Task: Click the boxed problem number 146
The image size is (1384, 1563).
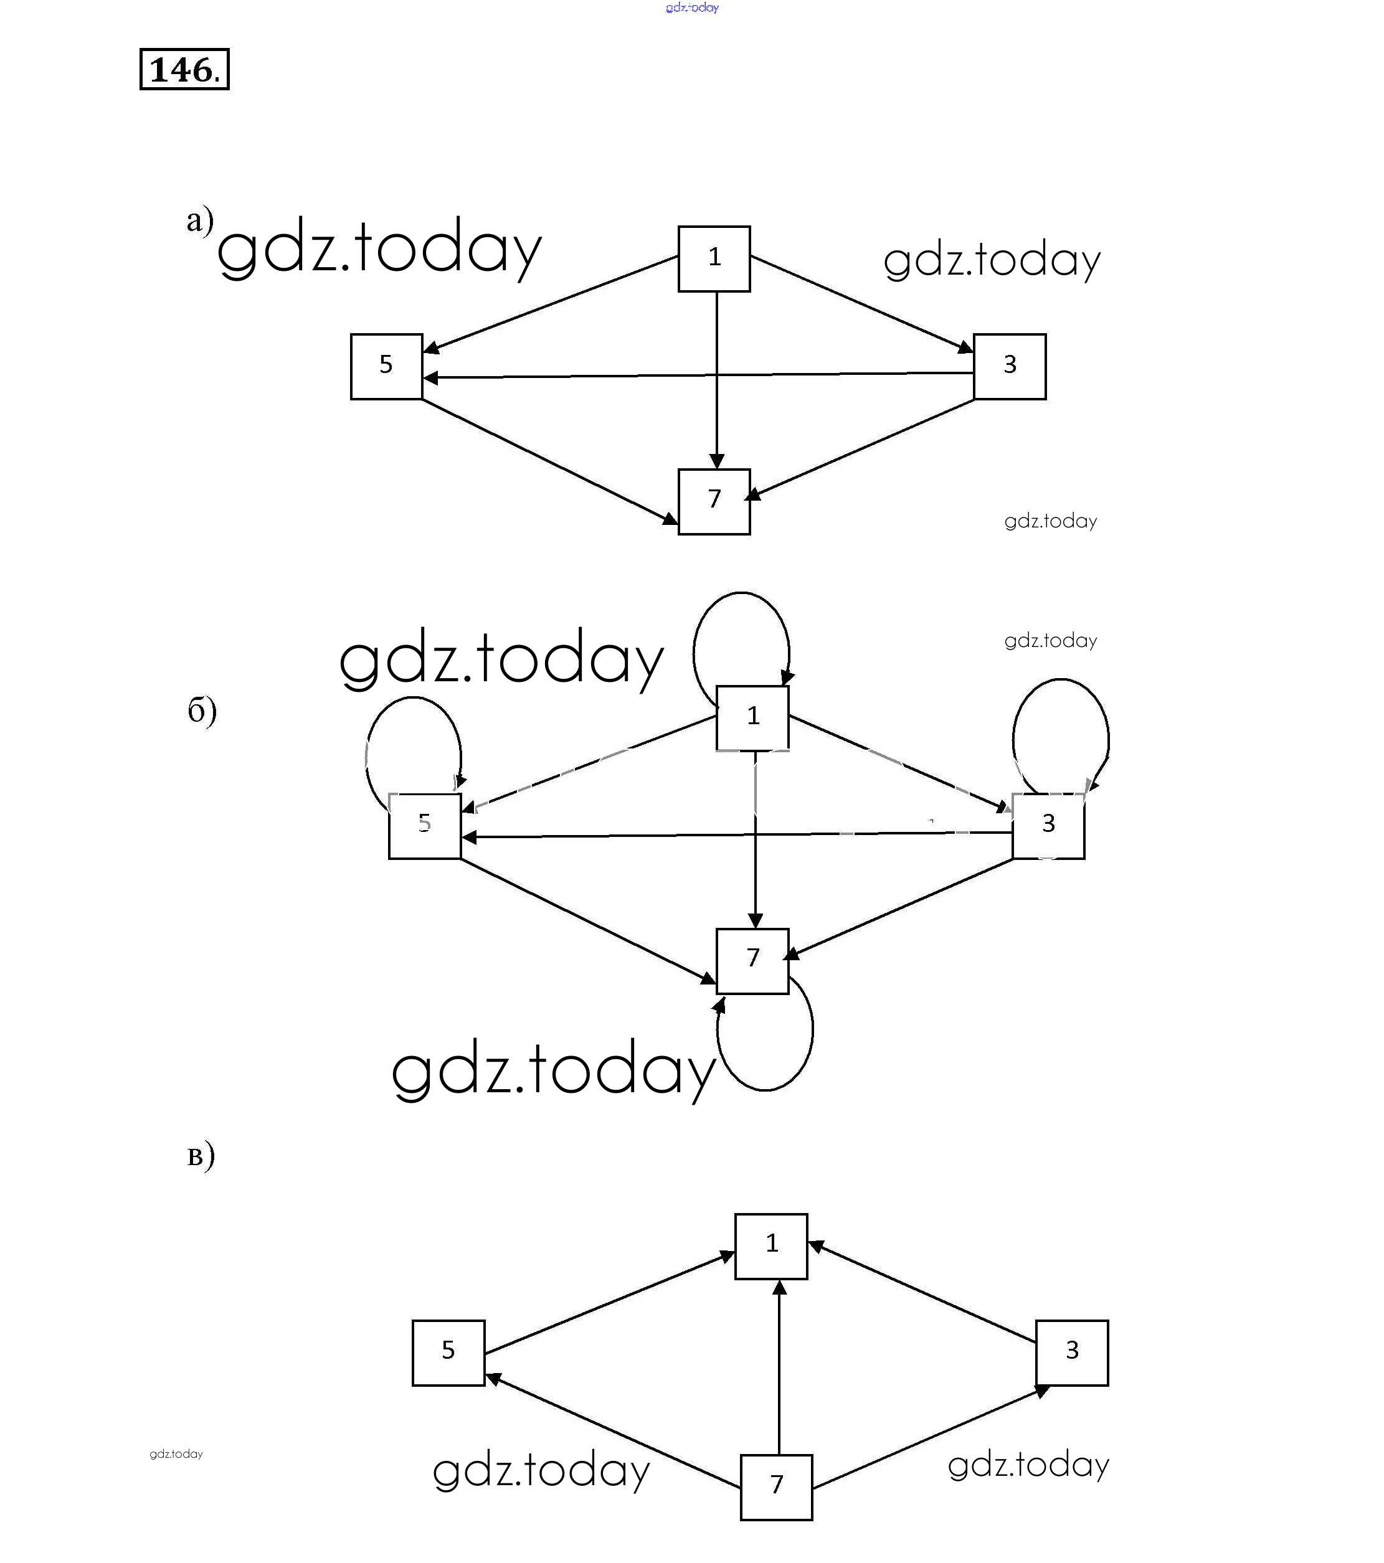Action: click(184, 70)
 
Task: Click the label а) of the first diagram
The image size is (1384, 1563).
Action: click(200, 220)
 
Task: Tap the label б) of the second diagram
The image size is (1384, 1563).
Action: click(202, 711)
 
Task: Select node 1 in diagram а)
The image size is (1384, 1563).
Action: click(714, 258)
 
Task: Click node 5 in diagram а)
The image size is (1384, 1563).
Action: click(386, 366)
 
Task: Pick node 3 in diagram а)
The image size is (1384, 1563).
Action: click(1009, 366)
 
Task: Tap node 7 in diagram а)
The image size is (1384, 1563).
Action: click(714, 501)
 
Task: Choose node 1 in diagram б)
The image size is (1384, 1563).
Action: click(752, 717)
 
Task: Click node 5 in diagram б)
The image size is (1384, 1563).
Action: click(425, 826)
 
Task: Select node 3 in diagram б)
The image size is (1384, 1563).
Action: click(1048, 826)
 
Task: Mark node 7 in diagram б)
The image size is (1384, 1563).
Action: click(752, 960)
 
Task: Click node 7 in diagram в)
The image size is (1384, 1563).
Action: click(775, 1487)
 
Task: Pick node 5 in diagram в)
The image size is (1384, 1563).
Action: click(448, 1353)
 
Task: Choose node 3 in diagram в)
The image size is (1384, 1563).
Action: click(1071, 1353)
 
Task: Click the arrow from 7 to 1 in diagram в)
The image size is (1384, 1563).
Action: click(779, 1369)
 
